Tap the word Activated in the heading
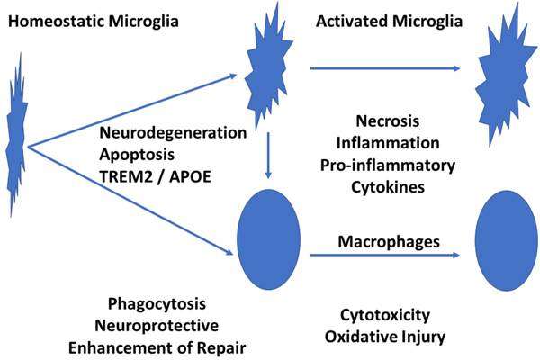coord(355,18)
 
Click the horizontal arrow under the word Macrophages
coord(378,256)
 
